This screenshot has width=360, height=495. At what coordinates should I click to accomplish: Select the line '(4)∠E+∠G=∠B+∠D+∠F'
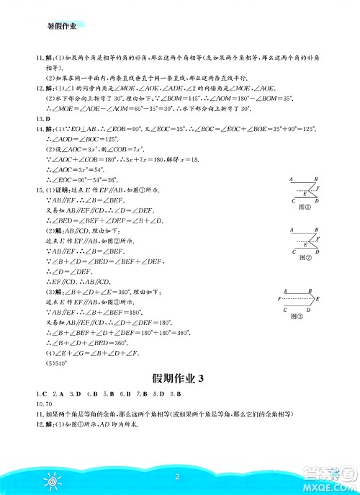(86, 353)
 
